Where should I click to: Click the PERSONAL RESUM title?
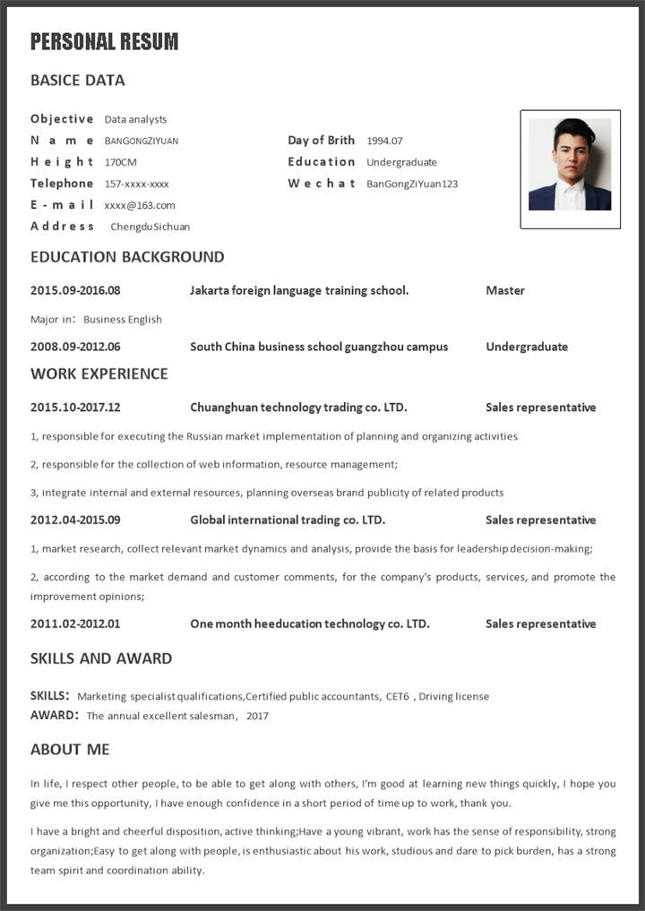(x=105, y=41)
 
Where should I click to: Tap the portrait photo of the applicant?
(x=570, y=165)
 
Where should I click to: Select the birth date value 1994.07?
(x=384, y=141)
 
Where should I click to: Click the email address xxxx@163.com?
(x=140, y=205)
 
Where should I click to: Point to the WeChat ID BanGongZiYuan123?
(x=412, y=184)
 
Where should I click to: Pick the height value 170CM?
(x=121, y=162)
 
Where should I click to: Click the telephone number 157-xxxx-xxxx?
(x=137, y=184)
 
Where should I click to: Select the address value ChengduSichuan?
(x=150, y=227)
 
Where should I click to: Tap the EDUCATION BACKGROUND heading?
(x=127, y=257)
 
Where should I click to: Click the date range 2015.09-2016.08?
(x=75, y=290)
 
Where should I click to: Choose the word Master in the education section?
(x=505, y=290)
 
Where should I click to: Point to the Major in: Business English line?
(x=97, y=319)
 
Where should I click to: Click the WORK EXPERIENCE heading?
(x=99, y=374)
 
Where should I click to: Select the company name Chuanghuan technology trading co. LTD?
(x=298, y=408)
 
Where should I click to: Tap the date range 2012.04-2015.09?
(x=75, y=520)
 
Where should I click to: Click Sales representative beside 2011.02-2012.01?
(x=540, y=624)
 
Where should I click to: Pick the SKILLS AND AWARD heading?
(x=101, y=658)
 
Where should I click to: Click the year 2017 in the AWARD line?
(x=257, y=716)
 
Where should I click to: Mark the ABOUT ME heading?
(x=70, y=749)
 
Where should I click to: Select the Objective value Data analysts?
(x=135, y=119)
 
